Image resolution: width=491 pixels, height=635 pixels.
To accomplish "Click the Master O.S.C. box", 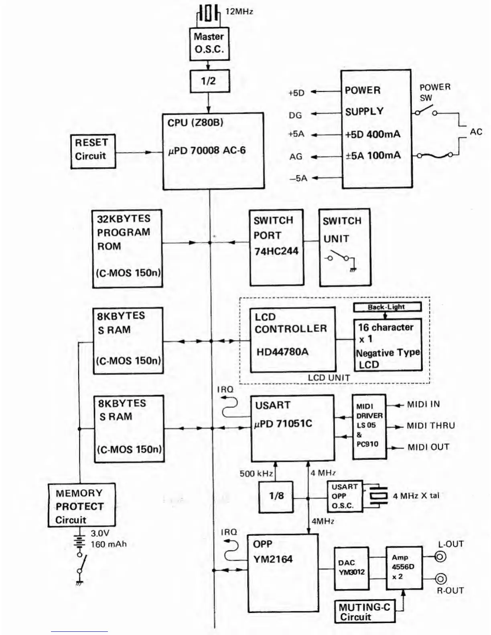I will tap(209, 43).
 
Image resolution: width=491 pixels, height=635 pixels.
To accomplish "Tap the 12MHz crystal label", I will tap(239, 12).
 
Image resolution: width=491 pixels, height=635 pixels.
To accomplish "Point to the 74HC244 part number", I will tap(276, 251).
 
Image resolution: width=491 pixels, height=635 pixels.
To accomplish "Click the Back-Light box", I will tap(387, 307).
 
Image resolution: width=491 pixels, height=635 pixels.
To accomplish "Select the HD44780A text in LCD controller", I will tap(282, 352).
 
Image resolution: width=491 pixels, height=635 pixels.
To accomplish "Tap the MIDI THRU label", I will tap(431, 426).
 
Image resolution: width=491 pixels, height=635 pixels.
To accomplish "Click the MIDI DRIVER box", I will tap(369, 427).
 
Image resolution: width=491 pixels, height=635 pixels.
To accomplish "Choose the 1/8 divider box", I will tap(276, 496).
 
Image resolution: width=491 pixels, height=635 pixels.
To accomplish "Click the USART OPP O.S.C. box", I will tap(345, 496).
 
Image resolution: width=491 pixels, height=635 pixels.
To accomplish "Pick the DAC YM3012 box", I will tap(351, 568).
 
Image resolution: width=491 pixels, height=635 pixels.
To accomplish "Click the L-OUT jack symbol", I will tap(440, 556).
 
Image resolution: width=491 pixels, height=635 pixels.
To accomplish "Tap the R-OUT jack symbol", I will tap(440, 579).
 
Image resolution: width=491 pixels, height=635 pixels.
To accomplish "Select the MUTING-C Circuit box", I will tap(365, 612).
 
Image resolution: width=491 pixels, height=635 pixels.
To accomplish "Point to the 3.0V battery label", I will tap(100, 534).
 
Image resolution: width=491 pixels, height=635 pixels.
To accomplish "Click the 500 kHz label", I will tap(256, 474).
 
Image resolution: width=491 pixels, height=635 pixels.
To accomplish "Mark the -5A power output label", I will tap(298, 178).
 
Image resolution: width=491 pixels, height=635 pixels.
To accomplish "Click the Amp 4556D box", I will tap(404, 568).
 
